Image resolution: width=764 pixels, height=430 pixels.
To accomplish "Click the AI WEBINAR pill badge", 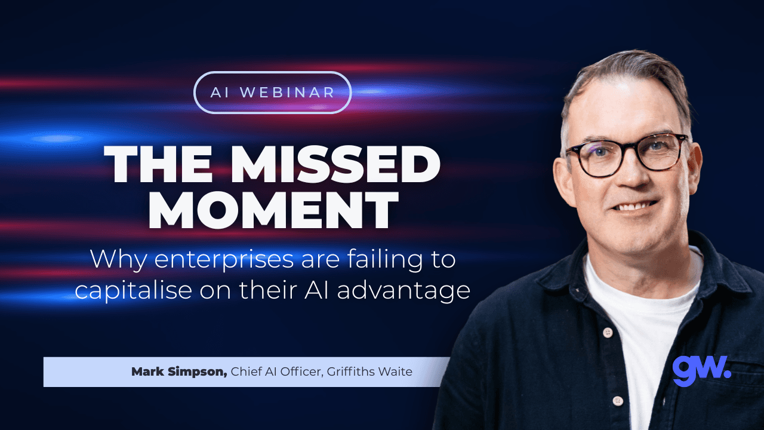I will pyautogui.click(x=273, y=93).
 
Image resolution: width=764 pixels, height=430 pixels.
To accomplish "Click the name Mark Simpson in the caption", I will pyautogui.click(x=179, y=372).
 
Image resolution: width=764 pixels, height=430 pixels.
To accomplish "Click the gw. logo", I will pyautogui.click(x=701, y=370).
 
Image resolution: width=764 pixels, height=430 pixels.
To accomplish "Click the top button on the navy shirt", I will pyautogui.click(x=608, y=332).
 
